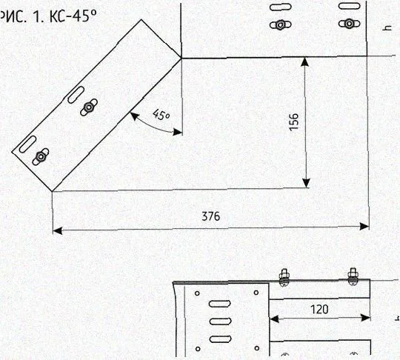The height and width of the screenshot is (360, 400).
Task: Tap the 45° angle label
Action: pyautogui.click(x=161, y=114)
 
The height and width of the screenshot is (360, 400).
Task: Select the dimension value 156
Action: pyautogui.click(x=294, y=121)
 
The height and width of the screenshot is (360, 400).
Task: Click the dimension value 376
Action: pyautogui.click(x=210, y=216)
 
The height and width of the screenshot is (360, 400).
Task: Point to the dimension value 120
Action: pyautogui.click(x=319, y=310)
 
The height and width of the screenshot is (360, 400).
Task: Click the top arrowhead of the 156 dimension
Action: pyautogui.click(x=305, y=62)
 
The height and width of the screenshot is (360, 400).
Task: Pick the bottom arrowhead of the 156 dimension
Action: pyautogui.click(x=306, y=183)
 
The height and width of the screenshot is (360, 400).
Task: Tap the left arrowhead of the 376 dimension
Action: pyautogui.click(x=57, y=231)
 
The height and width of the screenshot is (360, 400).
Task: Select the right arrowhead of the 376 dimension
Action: pyautogui.click(x=364, y=226)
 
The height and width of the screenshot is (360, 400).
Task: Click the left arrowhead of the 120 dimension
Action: pyautogui.click(x=274, y=319)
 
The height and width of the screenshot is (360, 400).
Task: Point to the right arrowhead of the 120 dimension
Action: pyautogui.click(x=365, y=318)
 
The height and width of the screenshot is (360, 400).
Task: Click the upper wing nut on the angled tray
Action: pyautogui.click(x=89, y=107)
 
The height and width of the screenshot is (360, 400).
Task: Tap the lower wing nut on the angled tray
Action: pyautogui.click(x=40, y=156)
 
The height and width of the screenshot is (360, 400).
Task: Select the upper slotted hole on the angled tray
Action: pyautogui.click(x=76, y=95)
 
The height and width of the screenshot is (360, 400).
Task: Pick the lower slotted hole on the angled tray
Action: pyautogui.click(x=27, y=144)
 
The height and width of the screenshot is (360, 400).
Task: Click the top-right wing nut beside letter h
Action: pyautogui.click(x=349, y=24)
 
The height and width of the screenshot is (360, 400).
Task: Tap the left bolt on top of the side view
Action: pyautogui.click(x=284, y=277)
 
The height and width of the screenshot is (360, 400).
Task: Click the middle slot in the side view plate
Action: pyautogui.click(x=220, y=321)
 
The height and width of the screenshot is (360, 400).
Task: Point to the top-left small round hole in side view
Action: pyautogui.click(x=197, y=293)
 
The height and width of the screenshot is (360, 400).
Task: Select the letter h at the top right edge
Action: pyautogui.click(x=388, y=27)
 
